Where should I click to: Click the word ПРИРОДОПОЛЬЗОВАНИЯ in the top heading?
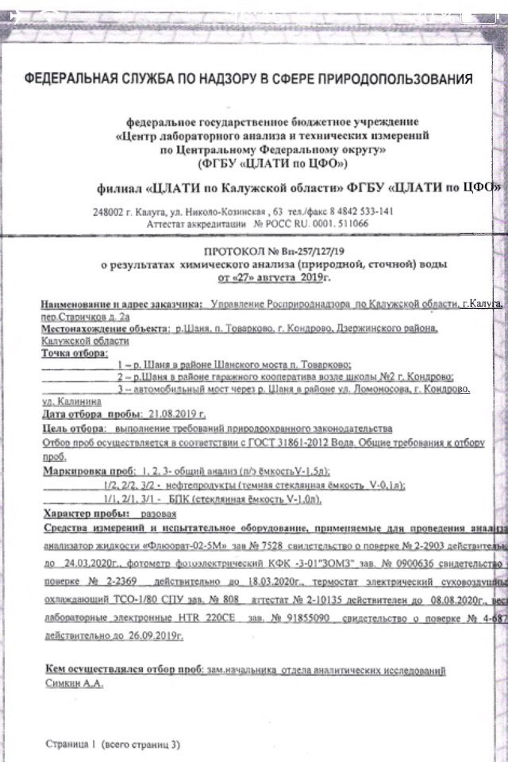(x=394, y=79)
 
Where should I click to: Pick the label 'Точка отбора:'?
(x=74, y=352)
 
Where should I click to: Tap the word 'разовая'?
(x=160, y=513)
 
